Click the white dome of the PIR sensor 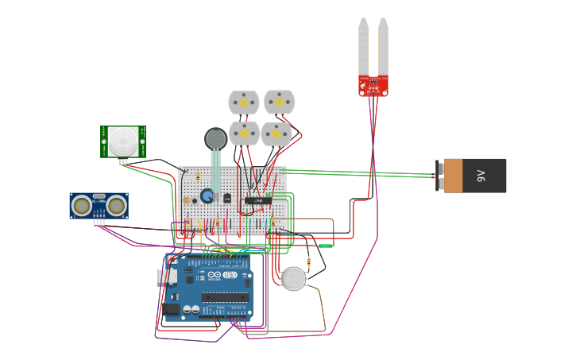(122, 141)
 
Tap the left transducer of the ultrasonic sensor (81, 206)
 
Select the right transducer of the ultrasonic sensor (116, 206)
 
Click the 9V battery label (481, 176)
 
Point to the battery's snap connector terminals (439, 176)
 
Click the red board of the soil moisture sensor (373, 85)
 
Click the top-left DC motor (244, 103)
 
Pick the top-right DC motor (279, 102)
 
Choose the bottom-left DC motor (244, 134)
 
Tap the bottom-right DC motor (276, 134)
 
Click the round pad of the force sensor (215, 139)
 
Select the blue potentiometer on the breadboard (207, 195)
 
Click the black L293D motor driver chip (257, 200)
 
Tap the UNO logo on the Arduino (230, 275)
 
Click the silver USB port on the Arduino (166, 276)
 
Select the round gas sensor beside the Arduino (294, 279)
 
